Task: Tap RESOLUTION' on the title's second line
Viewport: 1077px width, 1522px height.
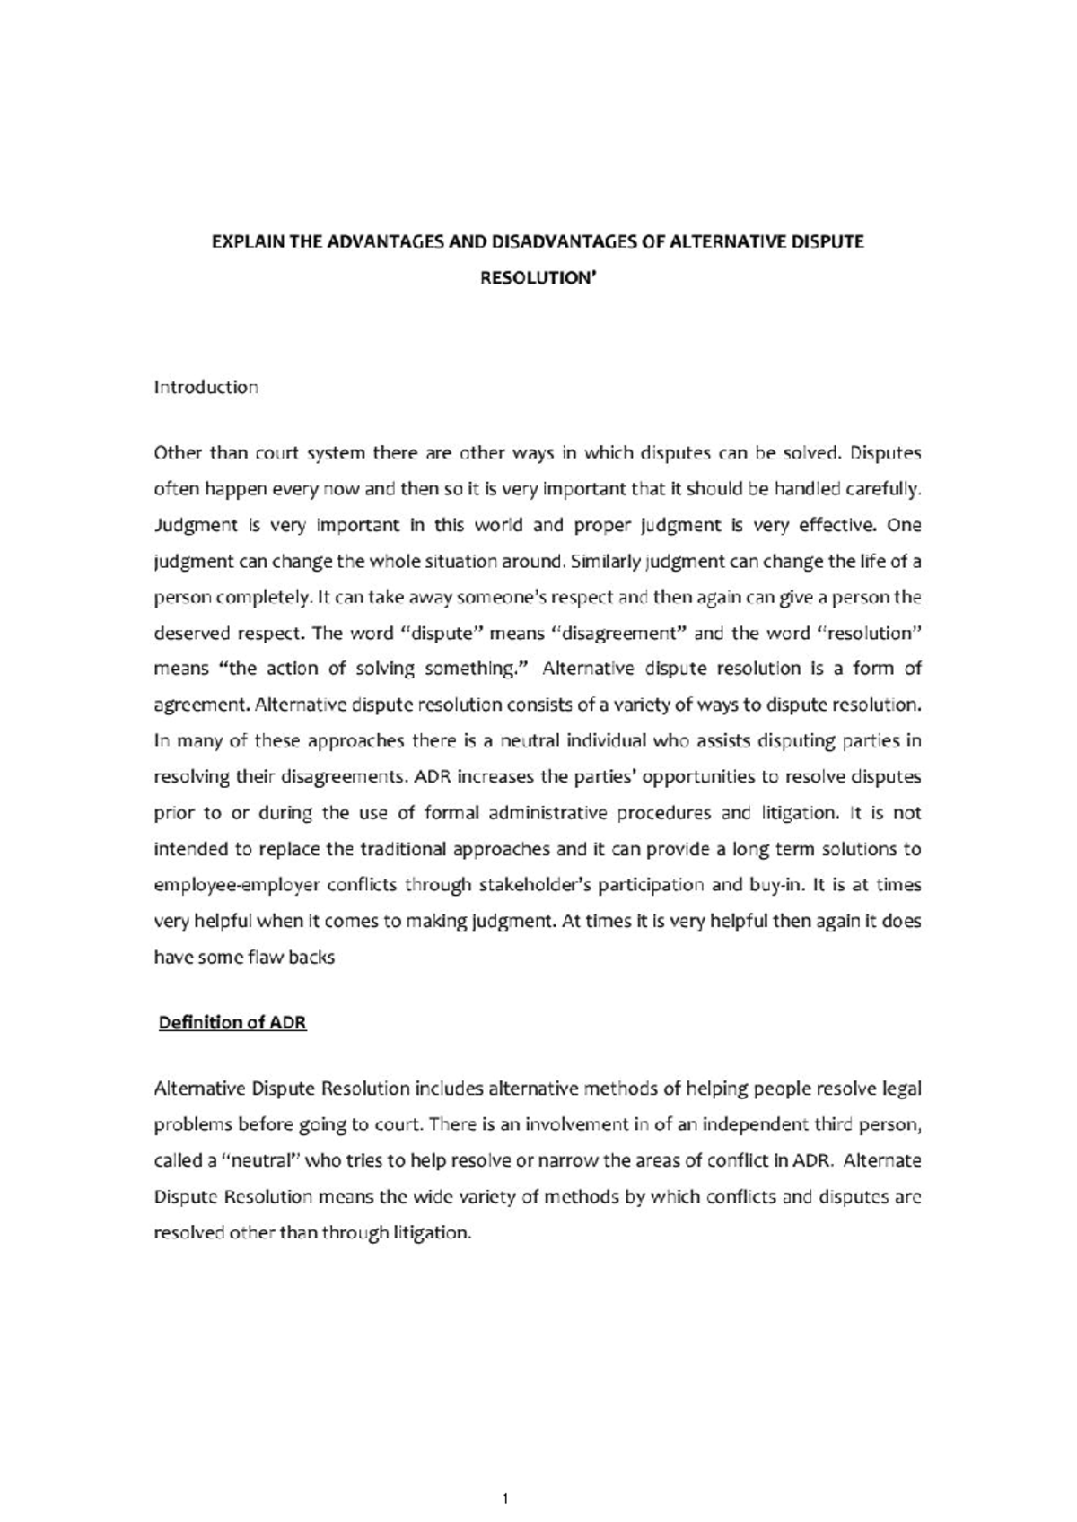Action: (x=538, y=278)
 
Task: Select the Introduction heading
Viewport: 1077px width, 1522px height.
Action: (x=206, y=387)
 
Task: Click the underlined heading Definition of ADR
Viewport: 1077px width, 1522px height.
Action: (x=232, y=1023)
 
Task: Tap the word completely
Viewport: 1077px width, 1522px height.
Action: (x=263, y=598)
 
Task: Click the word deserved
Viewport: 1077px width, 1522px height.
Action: (x=192, y=634)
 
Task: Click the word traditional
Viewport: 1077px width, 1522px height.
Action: (x=403, y=849)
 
